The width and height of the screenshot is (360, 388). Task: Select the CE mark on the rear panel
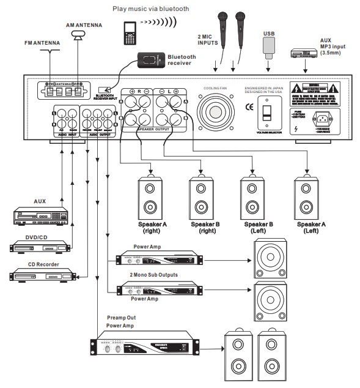pyautogui.click(x=248, y=109)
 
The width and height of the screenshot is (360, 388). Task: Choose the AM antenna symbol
pyautogui.click(x=78, y=36)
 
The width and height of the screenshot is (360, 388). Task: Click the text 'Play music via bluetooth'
pyautogui.click(x=150, y=9)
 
